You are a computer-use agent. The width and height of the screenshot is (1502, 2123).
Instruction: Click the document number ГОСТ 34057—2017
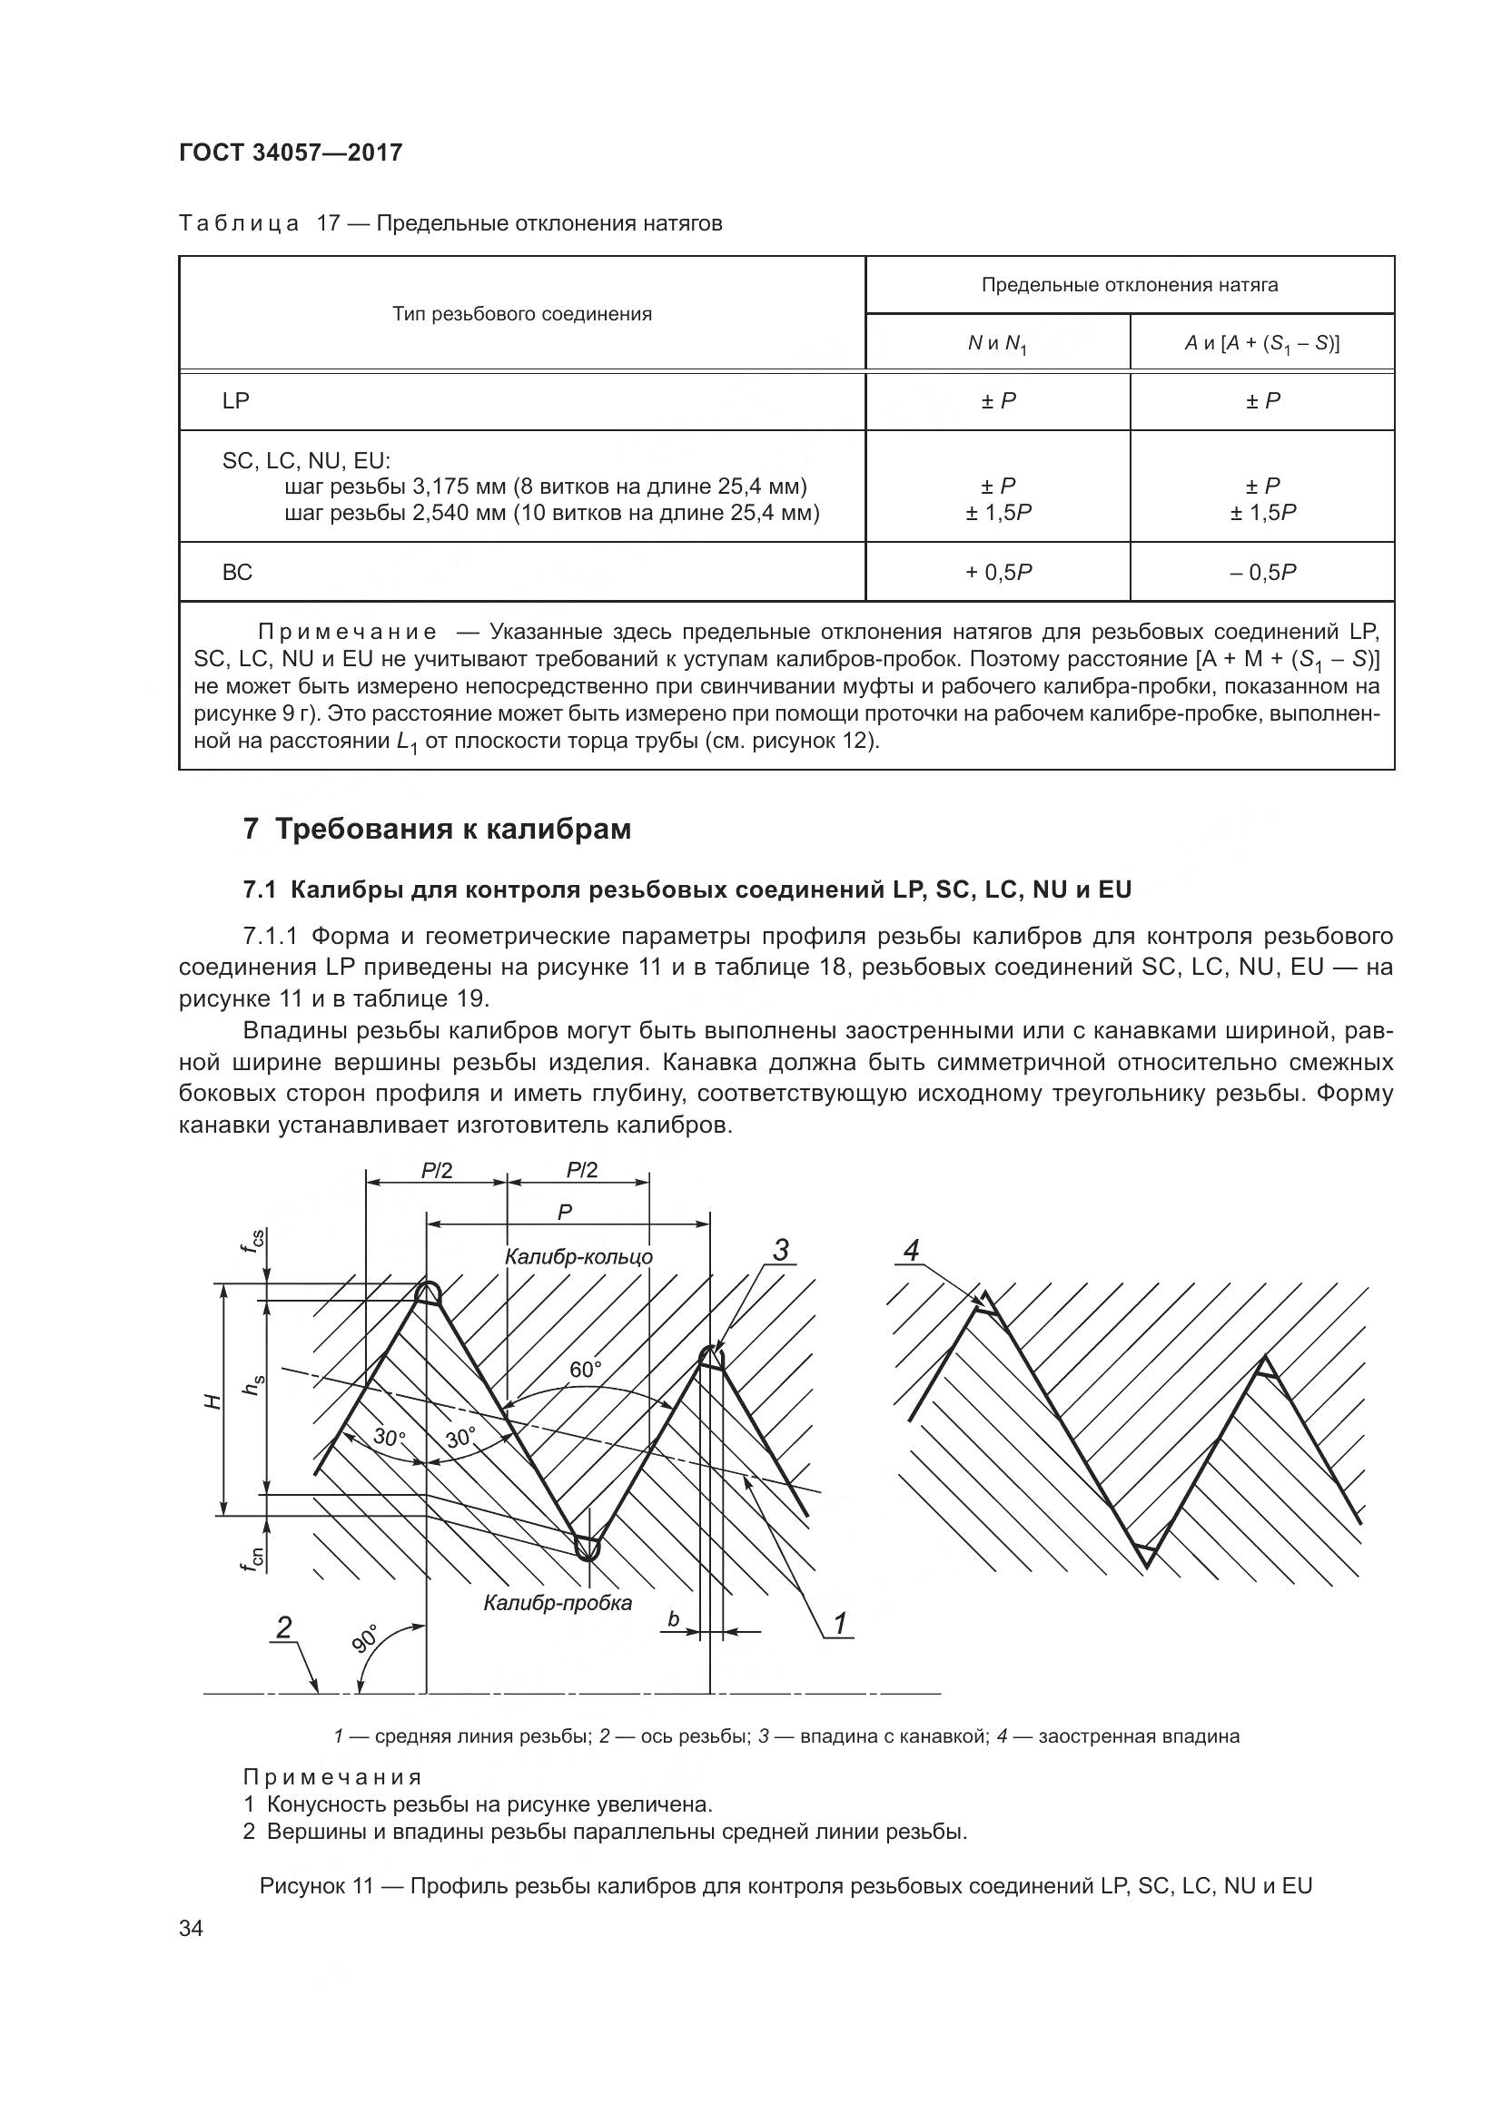point(291,152)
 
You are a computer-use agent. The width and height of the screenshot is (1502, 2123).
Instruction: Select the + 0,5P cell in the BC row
point(998,573)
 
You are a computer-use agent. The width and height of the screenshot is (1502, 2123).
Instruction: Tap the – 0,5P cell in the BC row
point(1262,573)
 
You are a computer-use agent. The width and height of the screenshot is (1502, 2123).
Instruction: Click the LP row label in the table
point(236,400)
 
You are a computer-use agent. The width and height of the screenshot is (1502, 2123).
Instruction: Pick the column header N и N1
point(997,344)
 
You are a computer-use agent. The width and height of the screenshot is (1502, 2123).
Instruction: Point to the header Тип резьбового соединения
point(521,314)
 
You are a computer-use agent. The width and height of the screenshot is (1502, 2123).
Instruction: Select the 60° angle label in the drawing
point(586,1370)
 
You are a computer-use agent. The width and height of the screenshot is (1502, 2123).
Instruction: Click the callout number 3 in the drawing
point(781,1252)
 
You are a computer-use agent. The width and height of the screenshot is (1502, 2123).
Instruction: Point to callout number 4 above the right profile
point(911,1252)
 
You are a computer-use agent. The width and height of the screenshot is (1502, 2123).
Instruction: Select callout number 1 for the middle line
point(840,1624)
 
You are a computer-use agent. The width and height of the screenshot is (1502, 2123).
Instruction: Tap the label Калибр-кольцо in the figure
point(579,1256)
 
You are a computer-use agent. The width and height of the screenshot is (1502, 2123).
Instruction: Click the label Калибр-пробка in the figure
point(558,1603)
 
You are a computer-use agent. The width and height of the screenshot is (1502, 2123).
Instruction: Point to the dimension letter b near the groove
point(673,1619)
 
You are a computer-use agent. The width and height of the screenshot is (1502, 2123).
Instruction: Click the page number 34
point(192,1929)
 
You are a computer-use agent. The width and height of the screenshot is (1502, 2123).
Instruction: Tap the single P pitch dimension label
point(565,1213)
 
